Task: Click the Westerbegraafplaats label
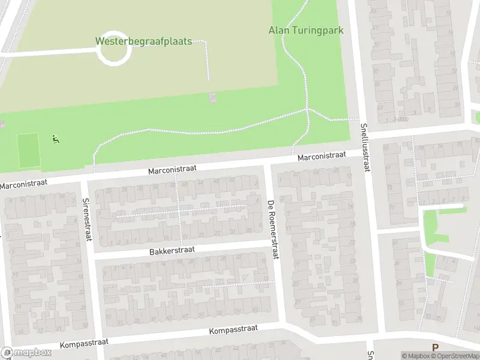pyautogui.click(x=143, y=41)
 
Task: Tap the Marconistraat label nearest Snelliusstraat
pyautogui.click(x=322, y=156)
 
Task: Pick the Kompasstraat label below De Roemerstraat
pyautogui.click(x=233, y=329)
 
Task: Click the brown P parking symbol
pyautogui.click(x=436, y=347)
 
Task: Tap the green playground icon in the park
pyautogui.click(x=55, y=140)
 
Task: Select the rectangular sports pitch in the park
pyautogui.click(x=28, y=151)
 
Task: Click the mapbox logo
pyautogui.click(x=26, y=353)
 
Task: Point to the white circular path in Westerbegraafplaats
pyautogui.click(x=113, y=49)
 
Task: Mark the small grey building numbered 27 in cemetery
pyautogui.click(x=212, y=97)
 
